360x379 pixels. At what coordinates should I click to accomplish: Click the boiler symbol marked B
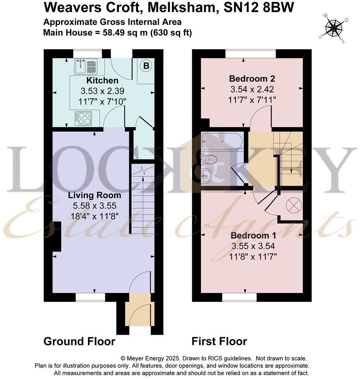tap(146, 66)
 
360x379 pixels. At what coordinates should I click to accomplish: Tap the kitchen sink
tap(85, 66)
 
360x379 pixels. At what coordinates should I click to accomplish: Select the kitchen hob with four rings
tap(83, 118)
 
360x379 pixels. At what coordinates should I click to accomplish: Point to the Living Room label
tap(94, 195)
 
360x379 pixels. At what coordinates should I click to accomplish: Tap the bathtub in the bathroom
tap(222, 141)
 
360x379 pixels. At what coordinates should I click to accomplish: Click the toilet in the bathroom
tap(210, 160)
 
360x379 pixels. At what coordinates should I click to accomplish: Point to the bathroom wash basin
tap(206, 176)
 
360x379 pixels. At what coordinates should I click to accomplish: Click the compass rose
tap(334, 27)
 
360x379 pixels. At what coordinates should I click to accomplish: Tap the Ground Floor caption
tap(79, 342)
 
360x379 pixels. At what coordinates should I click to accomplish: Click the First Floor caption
tap(219, 342)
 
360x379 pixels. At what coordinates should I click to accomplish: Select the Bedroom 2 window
tap(250, 53)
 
